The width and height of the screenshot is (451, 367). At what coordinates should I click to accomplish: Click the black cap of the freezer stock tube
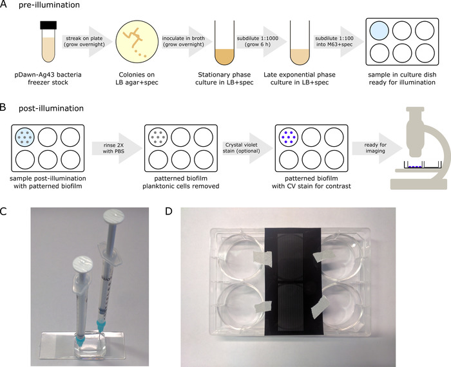click(48, 25)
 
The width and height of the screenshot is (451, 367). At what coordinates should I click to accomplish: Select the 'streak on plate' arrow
click(84, 41)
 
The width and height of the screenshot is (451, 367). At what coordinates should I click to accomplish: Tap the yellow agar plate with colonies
click(137, 42)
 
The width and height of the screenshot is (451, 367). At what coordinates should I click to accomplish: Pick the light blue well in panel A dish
click(379, 30)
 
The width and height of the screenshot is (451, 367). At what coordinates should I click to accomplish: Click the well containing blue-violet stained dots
click(289, 137)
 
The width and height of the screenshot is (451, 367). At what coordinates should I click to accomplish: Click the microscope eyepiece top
click(415, 109)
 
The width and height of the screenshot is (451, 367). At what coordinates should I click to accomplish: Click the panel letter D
click(169, 211)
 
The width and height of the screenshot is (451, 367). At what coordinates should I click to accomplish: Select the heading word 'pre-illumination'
click(49, 5)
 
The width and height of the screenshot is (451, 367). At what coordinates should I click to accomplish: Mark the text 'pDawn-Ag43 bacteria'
click(48, 75)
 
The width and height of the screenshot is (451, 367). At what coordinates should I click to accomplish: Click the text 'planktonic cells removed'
click(181, 186)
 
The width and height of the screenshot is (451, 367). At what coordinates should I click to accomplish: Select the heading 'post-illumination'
click(51, 108)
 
